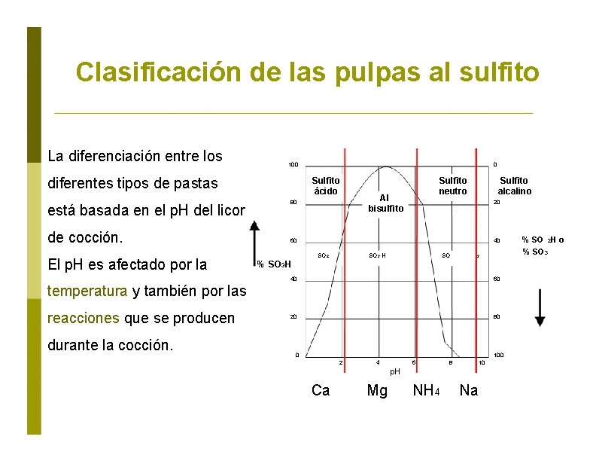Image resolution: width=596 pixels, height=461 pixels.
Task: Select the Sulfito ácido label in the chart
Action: [326, 185]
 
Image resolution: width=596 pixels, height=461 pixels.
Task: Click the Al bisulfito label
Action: [386, 202]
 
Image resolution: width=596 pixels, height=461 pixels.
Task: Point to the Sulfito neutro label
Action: [453, 185]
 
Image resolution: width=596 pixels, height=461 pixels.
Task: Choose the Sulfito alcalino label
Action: [514, 185]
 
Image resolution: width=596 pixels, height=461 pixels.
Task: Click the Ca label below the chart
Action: [321, 390]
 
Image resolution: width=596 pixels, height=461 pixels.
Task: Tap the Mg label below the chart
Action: [377, 390]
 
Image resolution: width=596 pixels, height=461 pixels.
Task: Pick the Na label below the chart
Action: [468, 390]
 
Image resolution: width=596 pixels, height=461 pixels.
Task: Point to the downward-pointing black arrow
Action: [540, 309]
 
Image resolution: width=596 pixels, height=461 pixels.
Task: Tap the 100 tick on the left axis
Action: [293, 165]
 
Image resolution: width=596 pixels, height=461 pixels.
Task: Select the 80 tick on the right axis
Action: [496, 317]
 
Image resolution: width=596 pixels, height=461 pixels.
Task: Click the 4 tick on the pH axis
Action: [378, 363]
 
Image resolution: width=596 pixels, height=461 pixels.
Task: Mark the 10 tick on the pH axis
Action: [482, 363]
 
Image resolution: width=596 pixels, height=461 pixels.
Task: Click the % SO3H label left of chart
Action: [273, 264]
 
